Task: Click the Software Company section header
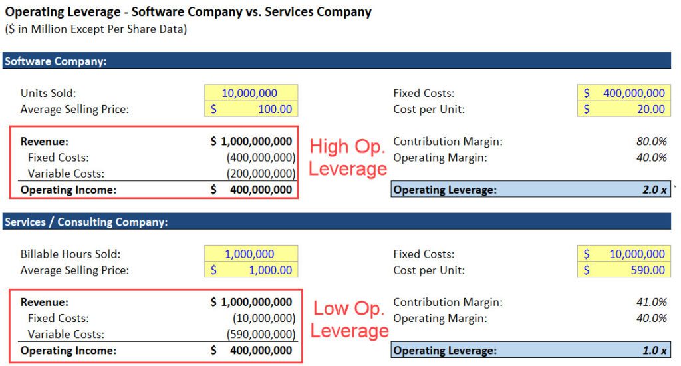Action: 56,61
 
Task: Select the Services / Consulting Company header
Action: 86,222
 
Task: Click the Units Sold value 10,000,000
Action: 250,93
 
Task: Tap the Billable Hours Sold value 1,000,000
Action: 250,254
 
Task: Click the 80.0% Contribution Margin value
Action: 651,141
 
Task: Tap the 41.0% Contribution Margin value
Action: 651,301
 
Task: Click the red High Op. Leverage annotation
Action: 348,157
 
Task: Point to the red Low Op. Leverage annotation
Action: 349,319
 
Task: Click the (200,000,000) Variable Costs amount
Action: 261,174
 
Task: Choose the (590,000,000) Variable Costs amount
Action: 261,334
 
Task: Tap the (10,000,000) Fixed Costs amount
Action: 263,318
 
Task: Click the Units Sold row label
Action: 48,93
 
